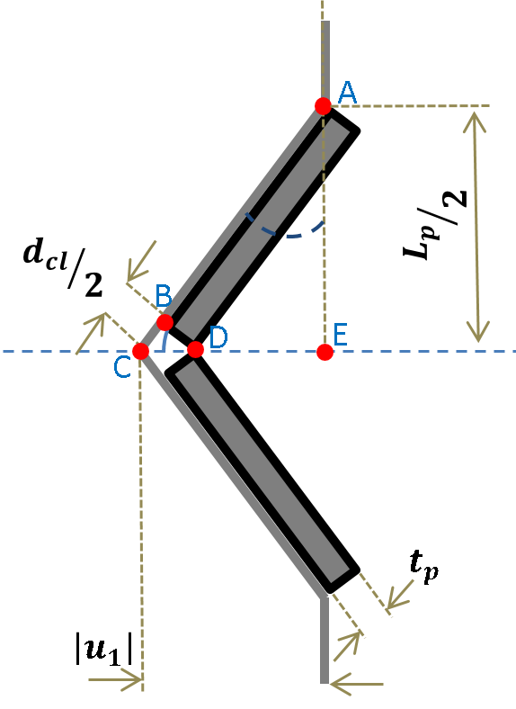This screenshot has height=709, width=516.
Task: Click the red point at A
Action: pyautogui.click(x=324, y=106)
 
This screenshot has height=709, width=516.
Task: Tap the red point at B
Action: pyautogui.click(x=165, y=322)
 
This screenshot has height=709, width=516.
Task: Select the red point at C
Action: pyautogui.click(x=140, y=351)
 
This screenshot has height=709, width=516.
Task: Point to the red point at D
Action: pyautogui.click(x=195, y=349)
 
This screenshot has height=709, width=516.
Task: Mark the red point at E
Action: pyautogui.click(x=325, y=352)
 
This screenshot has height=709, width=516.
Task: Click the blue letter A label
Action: pyautogui.click(x=348, y=91)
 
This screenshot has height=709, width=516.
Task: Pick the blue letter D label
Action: pyautogui.click(x=218, y=337)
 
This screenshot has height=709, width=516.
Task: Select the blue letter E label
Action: pyautogui.click(x=340, y=334)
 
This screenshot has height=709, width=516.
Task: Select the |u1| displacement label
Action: pyautogui.click(x=103, y=649)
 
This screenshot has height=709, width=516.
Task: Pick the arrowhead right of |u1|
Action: pyautogui.click(x=135, y=680)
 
